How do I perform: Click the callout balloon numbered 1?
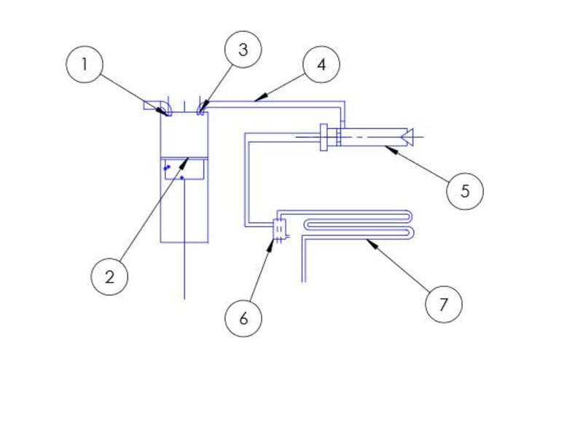[85, 64]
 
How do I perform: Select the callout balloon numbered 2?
[109, 277]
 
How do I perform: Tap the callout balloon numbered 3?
[243, 50]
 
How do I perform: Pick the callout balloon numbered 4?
[321, 64]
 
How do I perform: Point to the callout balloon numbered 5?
[465, 191]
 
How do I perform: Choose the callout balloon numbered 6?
[243, 318]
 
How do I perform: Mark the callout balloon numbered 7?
[444, 304]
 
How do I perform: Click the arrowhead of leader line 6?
[270, 245]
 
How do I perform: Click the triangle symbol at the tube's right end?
[407, 137]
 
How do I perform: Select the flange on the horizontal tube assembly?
[324, 137]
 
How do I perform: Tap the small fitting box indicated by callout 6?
[279, 229]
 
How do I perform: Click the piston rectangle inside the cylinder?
[184, 169]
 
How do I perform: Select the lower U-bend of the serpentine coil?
[410, 232]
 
